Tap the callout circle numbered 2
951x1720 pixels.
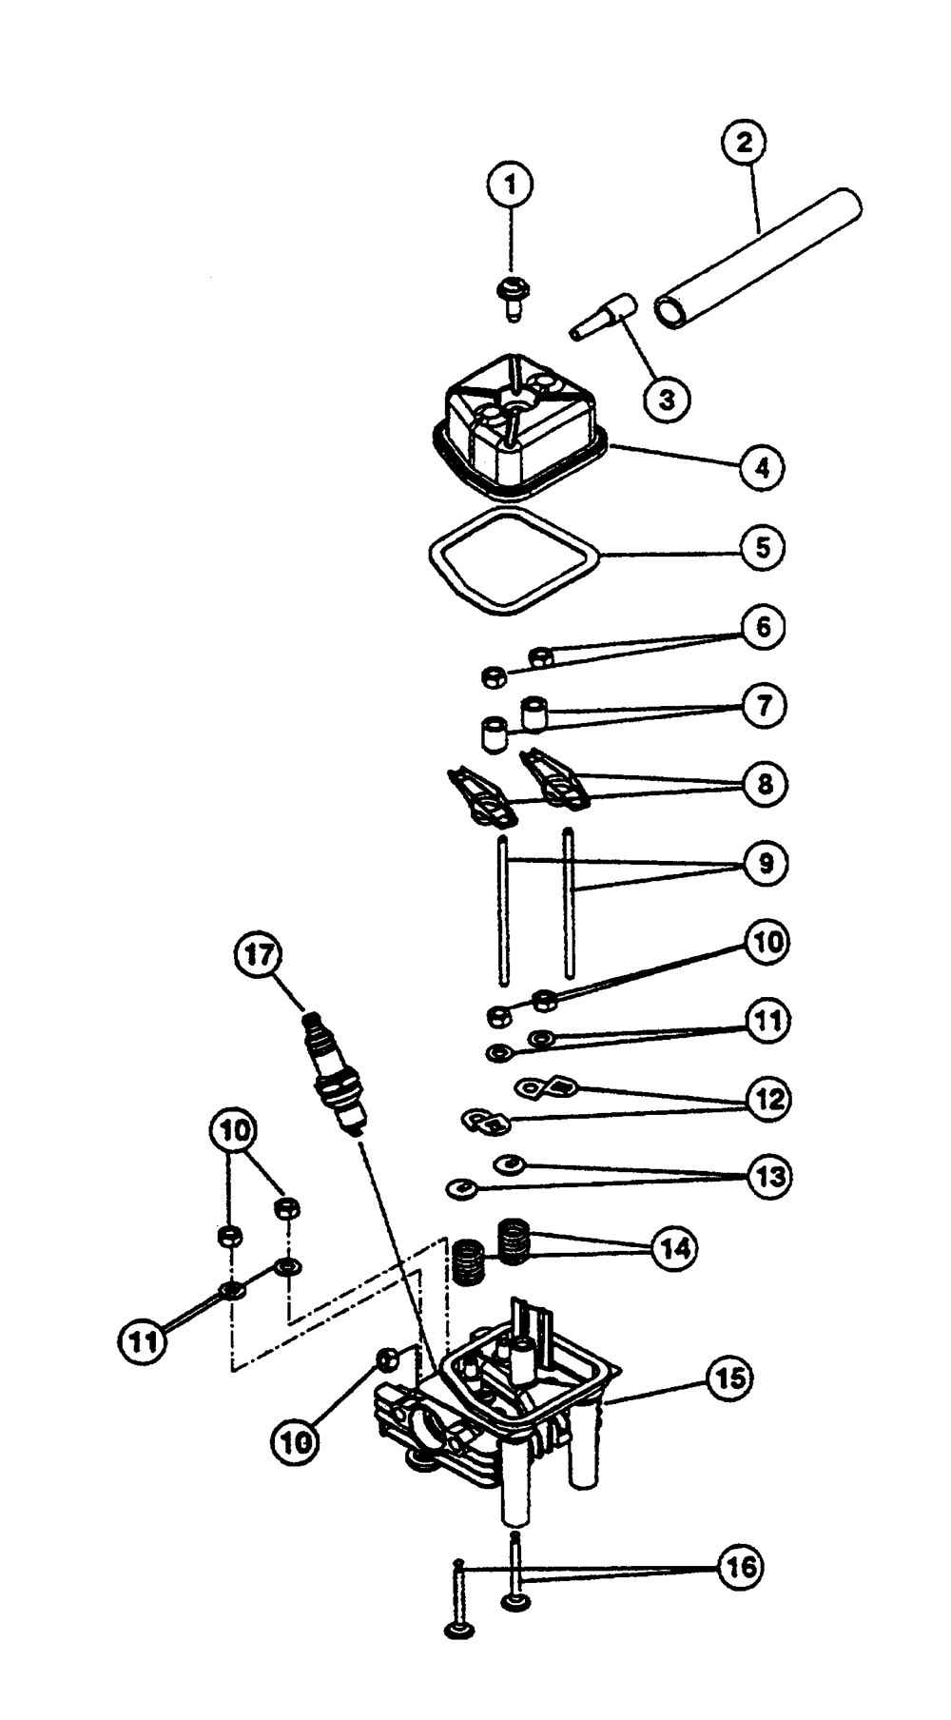click(x=745, y=143)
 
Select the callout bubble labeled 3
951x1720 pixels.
click(x=667, y=399)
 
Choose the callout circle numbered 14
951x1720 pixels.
click(x=673, y=1248)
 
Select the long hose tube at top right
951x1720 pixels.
click(x=758, y=259)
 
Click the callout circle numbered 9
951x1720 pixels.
click(x=763, y=863)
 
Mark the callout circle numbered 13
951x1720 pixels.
click(x=767, y=1177)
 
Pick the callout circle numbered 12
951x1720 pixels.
click(x=767, y=1099)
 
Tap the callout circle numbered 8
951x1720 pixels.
click(x=763, y=784)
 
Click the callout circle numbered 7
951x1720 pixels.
click(x=763, y=705)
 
